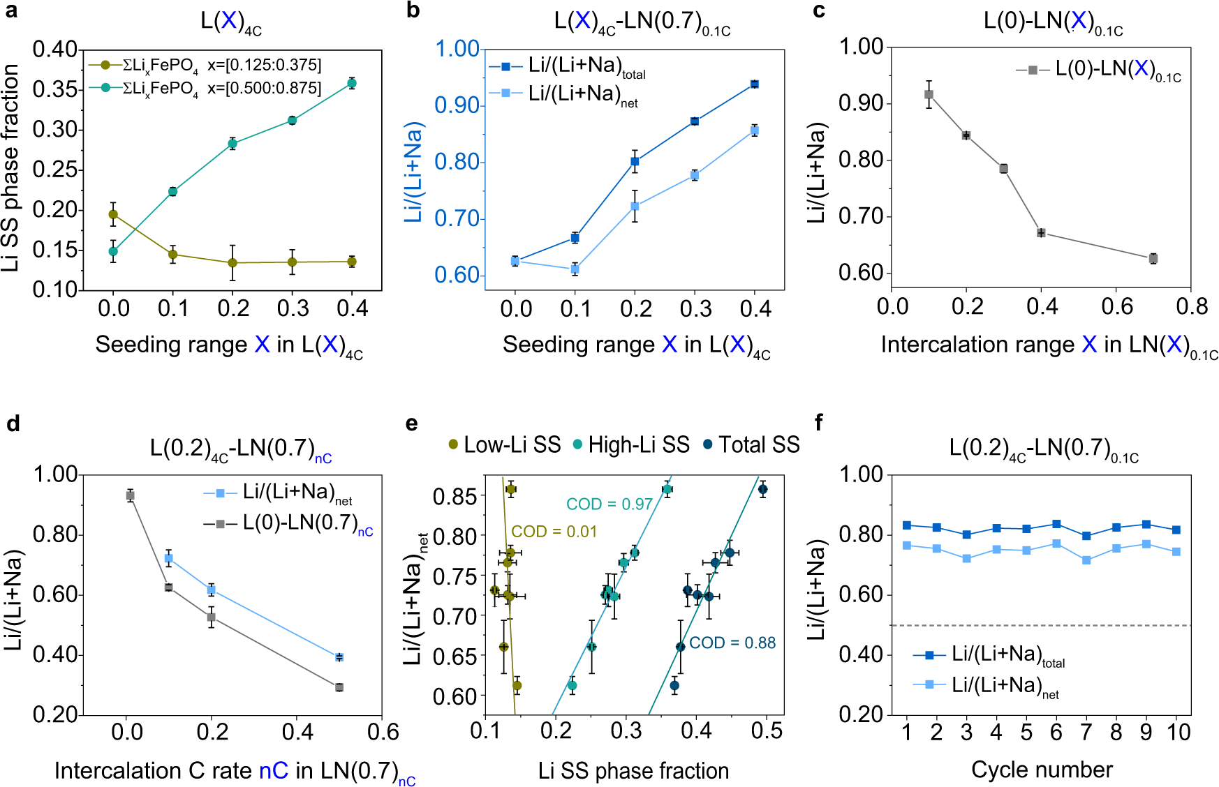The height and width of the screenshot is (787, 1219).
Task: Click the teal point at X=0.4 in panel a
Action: [x=352, y=83]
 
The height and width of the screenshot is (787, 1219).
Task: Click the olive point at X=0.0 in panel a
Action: [x=113, y=214]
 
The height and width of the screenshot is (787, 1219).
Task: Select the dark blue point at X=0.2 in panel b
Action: [x=635, y=161]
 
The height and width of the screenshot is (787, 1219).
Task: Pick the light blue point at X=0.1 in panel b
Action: [x=575, y=269]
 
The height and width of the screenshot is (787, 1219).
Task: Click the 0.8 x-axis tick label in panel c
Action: [x=1191, y=306]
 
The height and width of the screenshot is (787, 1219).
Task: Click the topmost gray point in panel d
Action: [x=130, y=495]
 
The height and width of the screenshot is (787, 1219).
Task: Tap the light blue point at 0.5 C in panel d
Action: [x=339, y=657]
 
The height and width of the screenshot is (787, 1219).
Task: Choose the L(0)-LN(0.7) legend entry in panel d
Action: [x=300, y=523]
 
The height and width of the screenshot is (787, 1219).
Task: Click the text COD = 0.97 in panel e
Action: [x=609, y=504]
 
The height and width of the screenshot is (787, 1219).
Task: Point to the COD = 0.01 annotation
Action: [x=554, y=532]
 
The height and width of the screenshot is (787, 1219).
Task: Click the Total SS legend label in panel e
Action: [x=758, y=444]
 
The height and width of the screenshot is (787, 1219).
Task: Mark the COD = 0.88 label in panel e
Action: [x=732, y=643]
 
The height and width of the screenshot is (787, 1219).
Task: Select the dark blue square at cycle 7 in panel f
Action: [x=1086, y=536]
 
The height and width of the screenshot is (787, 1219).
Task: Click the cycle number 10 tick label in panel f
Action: [x=1178, y=732]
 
